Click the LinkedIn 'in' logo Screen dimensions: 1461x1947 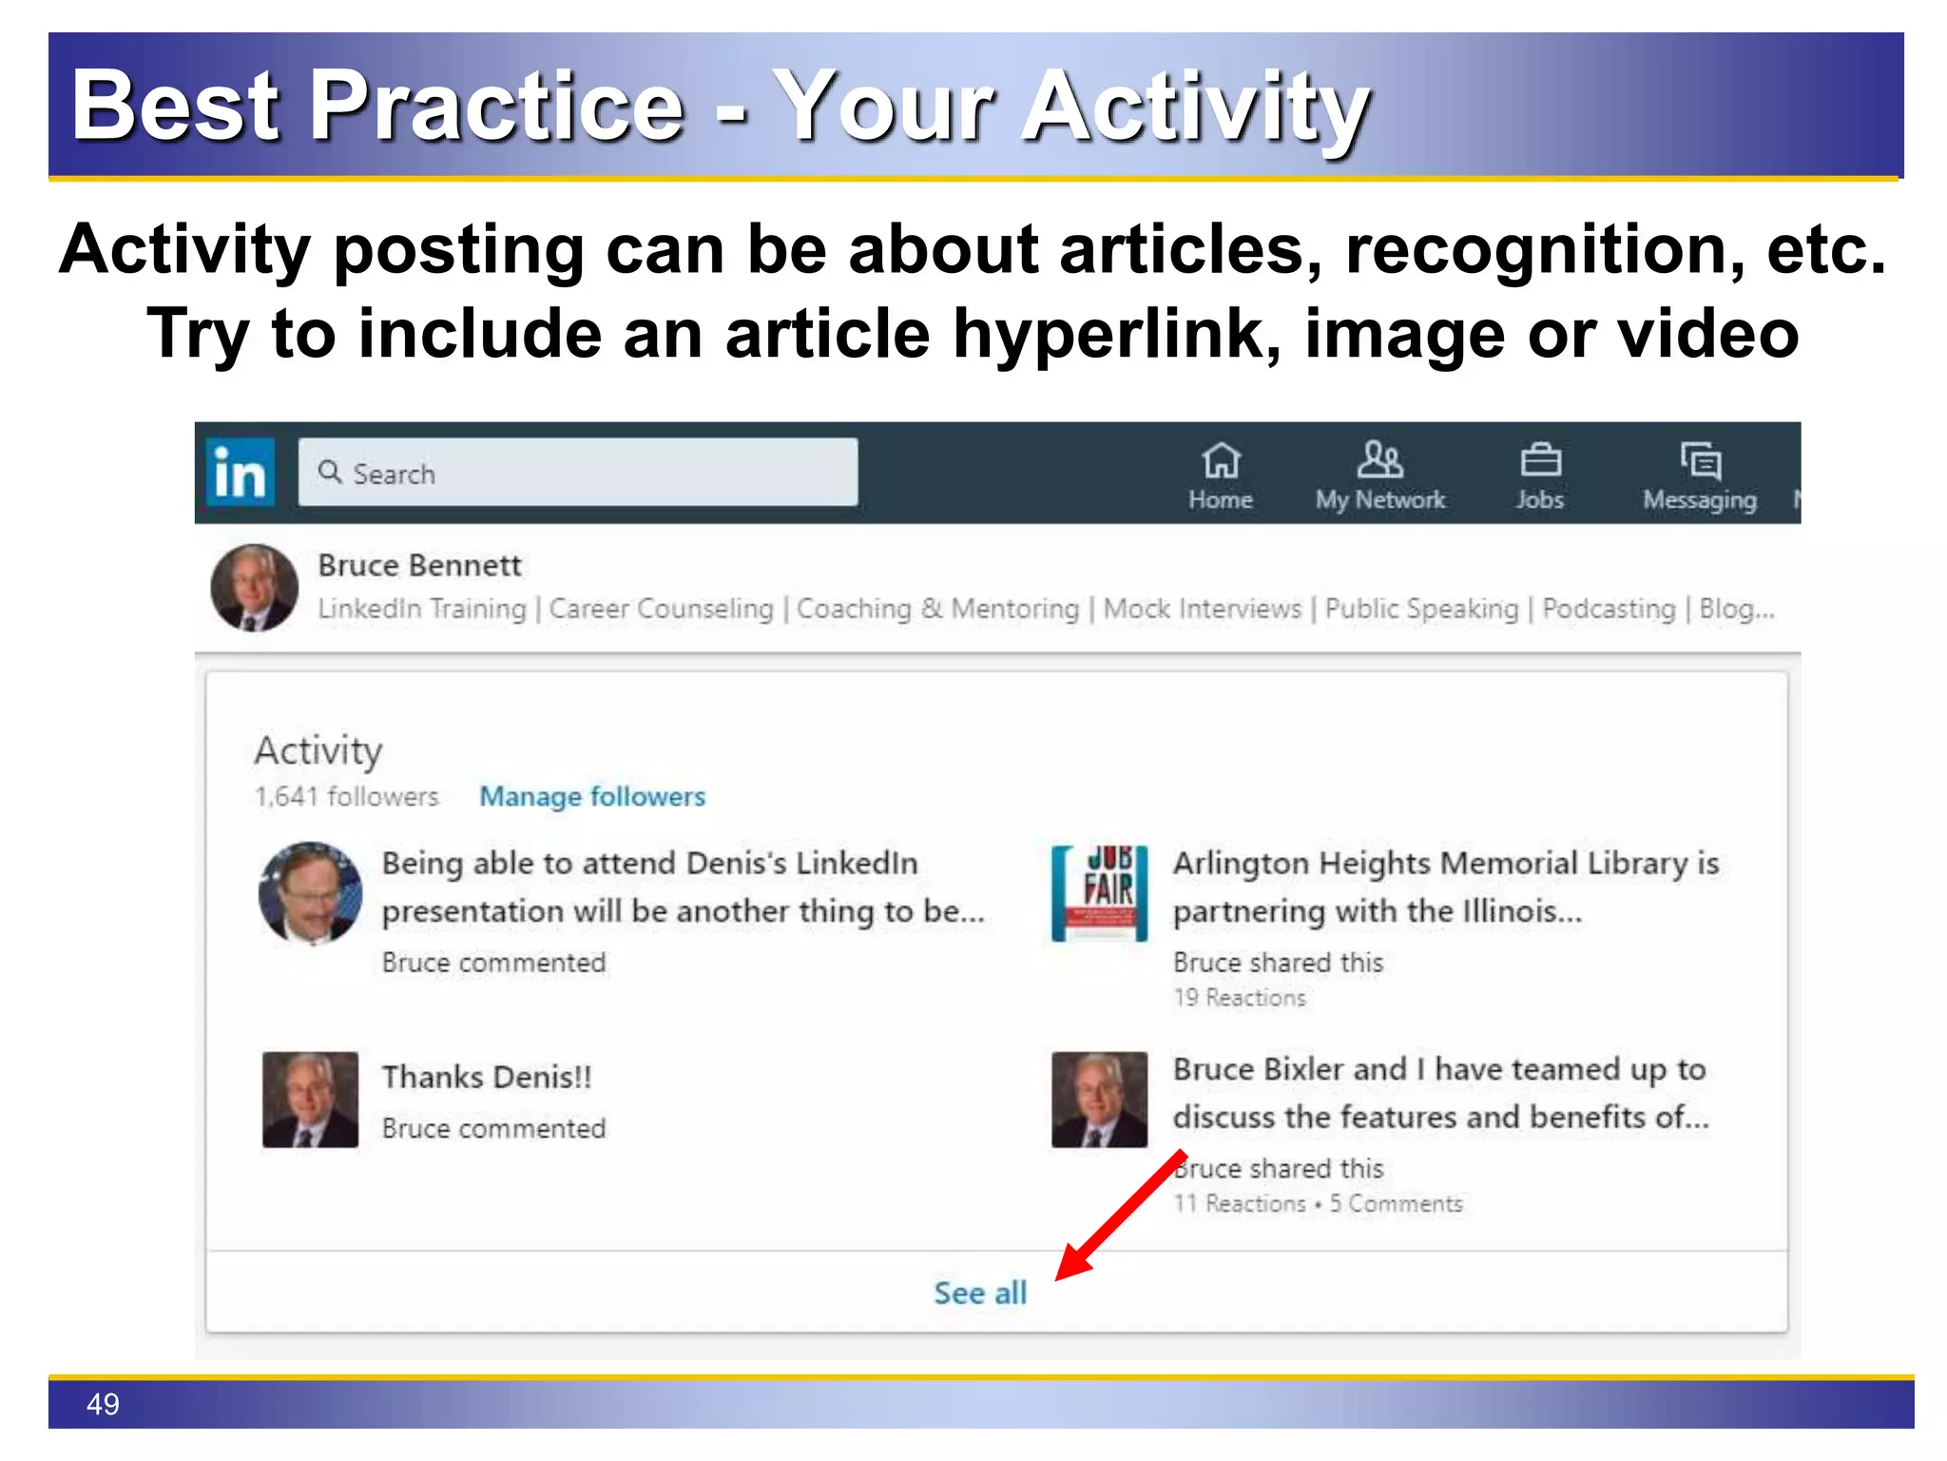point(240,473)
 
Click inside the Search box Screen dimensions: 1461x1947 point(577,473)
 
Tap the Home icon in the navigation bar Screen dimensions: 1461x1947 point(1220,461)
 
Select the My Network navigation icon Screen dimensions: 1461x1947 point(1379,461)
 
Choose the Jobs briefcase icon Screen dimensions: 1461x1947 point(1539,461)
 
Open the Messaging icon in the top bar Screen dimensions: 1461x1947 point(1699,461)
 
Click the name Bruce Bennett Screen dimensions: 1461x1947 point(419,565)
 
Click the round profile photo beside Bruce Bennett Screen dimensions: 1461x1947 point(254,588)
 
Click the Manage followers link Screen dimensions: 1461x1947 point(591,796)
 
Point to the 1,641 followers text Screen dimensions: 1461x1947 point(346,796)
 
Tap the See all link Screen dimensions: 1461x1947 point(980,1293)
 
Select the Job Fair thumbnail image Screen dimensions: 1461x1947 point(1099,893)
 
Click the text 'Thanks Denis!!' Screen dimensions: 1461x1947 point(487,1077)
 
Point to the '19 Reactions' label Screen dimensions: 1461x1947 point(1239,997)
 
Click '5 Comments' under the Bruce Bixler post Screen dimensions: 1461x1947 point(1396,1203)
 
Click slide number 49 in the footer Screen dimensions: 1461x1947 point(103,1404)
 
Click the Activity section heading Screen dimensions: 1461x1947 point(318,750)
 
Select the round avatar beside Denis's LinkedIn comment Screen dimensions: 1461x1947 point(310,893)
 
